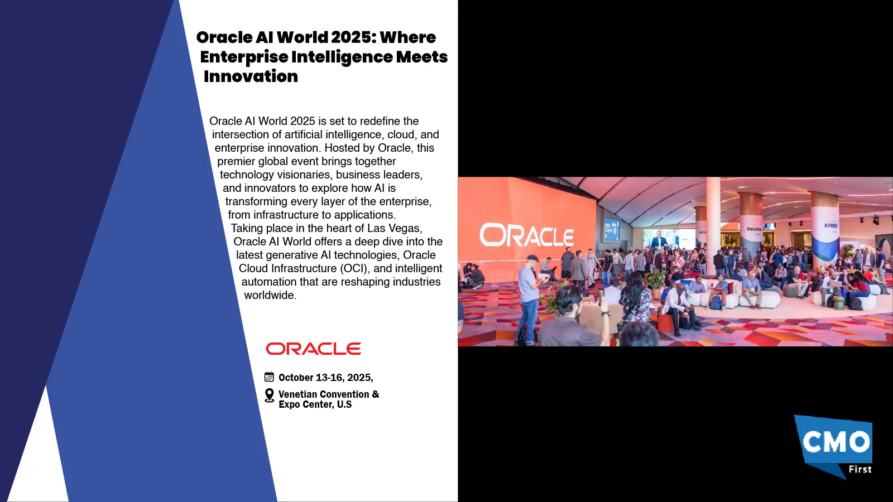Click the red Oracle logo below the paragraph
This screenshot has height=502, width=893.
tap(313, 349)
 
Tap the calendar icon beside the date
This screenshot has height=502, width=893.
tap(269, 377)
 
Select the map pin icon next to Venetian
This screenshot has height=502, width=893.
tap(270, 395)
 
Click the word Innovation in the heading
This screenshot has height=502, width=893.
tap(251, 76)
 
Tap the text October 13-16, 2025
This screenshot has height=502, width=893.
tap(325, 377)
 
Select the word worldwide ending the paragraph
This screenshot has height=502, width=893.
tap(270, 295)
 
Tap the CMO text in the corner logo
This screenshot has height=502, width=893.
tap(836, 442)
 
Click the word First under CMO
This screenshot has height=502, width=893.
tap(860, 469)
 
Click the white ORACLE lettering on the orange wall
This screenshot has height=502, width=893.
tap(527, 235)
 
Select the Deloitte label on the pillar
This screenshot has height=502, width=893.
tap(754, 229)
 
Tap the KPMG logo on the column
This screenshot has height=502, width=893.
tap(831, 225)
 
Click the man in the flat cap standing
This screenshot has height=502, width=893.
tap(530, 299)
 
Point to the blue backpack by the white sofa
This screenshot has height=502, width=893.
tap(716, 302)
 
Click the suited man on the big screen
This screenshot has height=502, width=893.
tap(659, 241)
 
